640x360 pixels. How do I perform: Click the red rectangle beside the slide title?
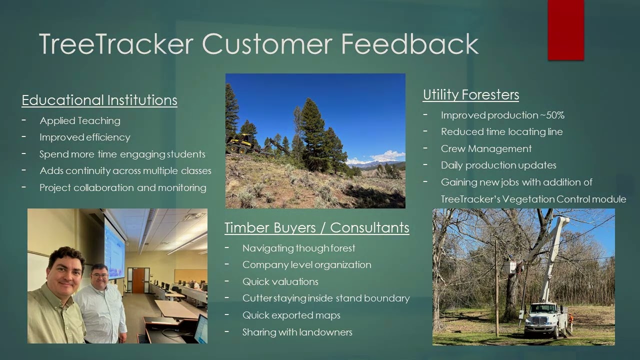tap(565, 30)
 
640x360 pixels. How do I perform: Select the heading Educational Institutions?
tap(99, 100)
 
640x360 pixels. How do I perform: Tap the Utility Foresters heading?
tap(471, 95)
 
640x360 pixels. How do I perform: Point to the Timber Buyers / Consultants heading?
tap(317, 227)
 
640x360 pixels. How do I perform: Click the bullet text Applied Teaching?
tap(80, 121)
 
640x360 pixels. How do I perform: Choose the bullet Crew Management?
tap(486, 148)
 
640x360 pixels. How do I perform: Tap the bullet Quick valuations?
tap(280, 281)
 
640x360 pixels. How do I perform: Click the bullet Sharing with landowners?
tap(297, 332)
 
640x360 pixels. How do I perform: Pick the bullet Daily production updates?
tap(498, 165)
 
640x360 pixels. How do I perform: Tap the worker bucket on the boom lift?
tap(509, 266)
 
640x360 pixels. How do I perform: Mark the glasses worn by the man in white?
tap(99, 276)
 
